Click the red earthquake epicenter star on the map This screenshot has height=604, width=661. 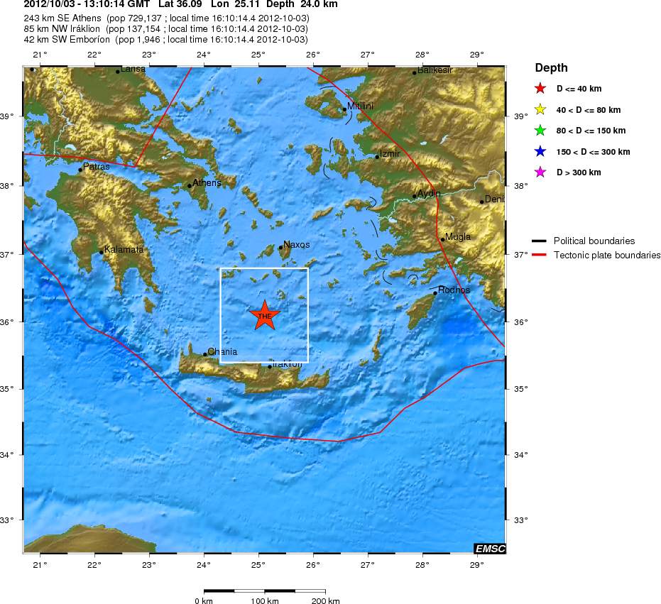point(265,315)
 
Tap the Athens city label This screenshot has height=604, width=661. point(207,182)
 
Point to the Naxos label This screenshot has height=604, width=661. point(296,244)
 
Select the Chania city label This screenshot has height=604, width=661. point(222,351)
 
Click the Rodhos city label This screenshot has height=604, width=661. point(454,290)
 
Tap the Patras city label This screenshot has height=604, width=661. point(96,167)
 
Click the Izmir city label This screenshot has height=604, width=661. point(390,153)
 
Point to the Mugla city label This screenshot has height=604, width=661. point(457,236)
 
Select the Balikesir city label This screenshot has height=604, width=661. point(435,70)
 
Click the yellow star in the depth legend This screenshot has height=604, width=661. point(540,110)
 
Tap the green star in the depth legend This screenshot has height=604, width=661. point(540,131)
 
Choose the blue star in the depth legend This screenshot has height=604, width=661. point(540,151)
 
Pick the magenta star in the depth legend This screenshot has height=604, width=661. point(540,172)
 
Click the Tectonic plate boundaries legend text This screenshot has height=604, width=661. point(607,255)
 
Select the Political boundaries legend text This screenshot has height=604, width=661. point(594,241)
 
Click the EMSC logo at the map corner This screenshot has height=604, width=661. point(489,548)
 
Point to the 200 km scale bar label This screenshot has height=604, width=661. point(324,601)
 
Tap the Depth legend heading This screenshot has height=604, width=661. point(551,68)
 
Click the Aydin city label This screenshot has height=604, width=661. point(429,193)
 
